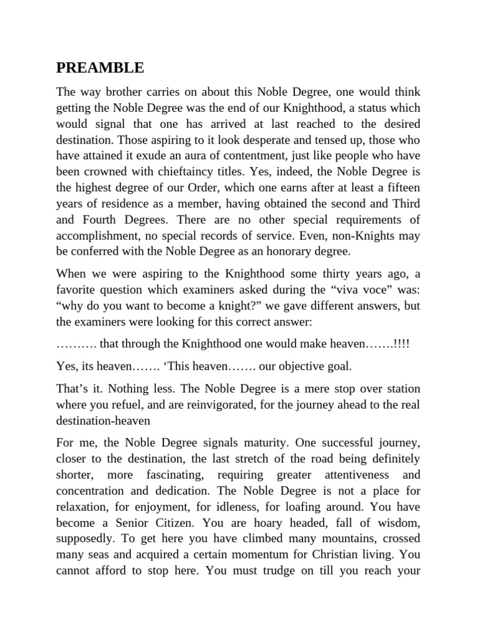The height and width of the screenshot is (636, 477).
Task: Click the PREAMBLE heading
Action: [x=100, y=67]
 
